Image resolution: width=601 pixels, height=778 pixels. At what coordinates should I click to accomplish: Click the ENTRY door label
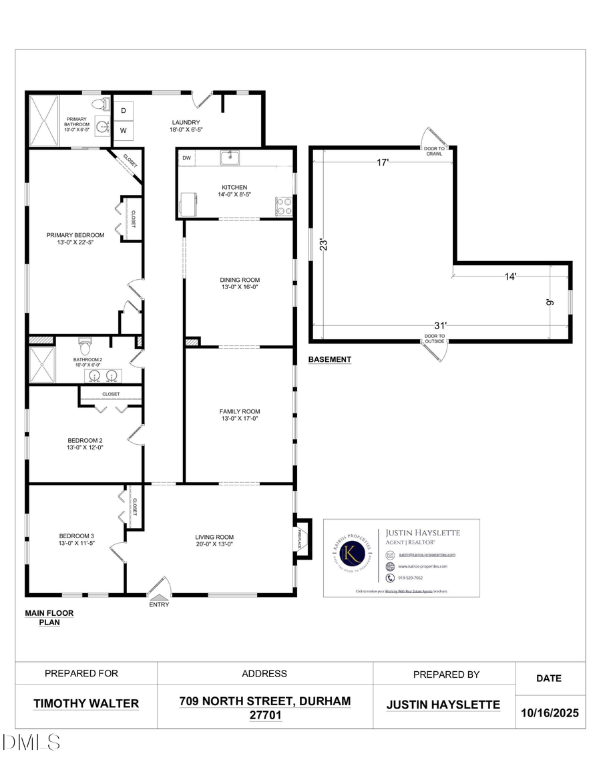point(159,604)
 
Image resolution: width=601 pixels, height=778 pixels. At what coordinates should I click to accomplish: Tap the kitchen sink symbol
point(231,158)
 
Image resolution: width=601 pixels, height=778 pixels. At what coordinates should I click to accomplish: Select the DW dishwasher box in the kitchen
point(187,158)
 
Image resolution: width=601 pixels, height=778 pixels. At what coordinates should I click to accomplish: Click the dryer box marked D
point(124,111)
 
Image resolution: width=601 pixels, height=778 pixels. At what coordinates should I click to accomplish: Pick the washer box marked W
point(124,130)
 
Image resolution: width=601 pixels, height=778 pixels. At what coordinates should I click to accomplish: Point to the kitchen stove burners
point(284,205)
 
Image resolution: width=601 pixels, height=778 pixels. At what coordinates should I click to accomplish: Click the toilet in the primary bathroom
point(100,104)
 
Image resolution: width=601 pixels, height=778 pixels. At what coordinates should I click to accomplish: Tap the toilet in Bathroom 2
point(85,348)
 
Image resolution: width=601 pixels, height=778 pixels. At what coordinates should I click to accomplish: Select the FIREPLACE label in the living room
point(300,538)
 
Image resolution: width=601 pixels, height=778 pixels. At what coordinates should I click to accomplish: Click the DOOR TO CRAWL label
point(435,151)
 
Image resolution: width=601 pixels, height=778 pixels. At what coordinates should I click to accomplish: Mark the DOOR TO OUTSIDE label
point(435,339)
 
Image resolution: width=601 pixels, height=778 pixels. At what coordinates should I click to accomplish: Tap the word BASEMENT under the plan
point(329,359)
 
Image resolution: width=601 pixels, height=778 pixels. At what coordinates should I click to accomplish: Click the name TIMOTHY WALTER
point(86,703)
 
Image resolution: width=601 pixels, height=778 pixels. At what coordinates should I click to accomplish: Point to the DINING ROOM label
point(240,280)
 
